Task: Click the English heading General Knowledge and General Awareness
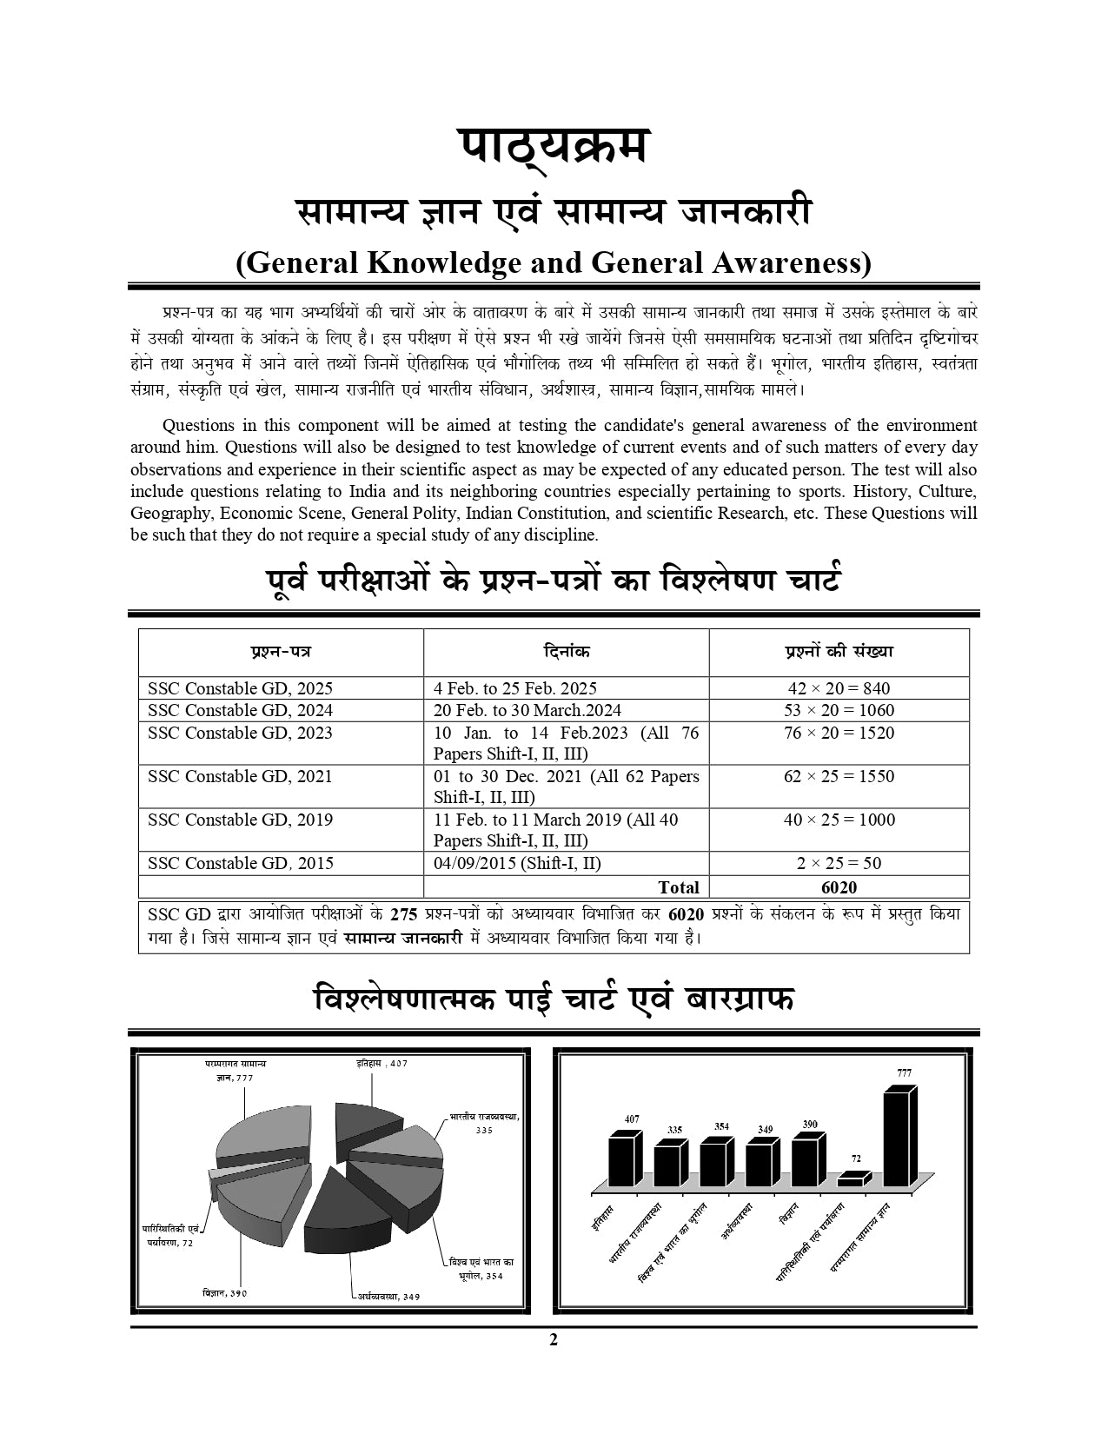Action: [x=553, y=262]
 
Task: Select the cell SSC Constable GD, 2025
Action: [x=240, y=688]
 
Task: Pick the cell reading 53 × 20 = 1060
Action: [x=839, y=710]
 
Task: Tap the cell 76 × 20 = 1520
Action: [x=839, y=733]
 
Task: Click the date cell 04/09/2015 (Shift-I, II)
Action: [x=517, y=863]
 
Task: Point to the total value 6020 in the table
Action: [x=839, y=887]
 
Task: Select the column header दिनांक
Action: [x=566, y=651]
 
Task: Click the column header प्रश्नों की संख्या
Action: [x=839, y=651]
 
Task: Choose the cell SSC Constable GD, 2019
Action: [x=240, y=820]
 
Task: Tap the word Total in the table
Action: [x=679, y=887]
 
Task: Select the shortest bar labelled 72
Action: [x=853, y=1179]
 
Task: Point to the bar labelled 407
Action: [x=624, y=1159]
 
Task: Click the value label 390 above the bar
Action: [x=809, y=1124]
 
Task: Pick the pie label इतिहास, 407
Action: [x=381, y=1063]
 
